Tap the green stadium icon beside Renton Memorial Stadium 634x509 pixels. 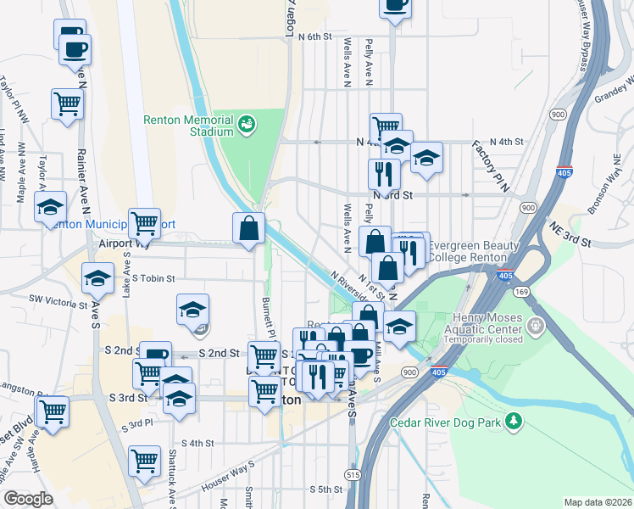click(x=247, y=126)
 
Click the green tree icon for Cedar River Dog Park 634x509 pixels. click(x=513, y=422)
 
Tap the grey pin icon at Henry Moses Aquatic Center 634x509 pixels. click(x=535, y=325)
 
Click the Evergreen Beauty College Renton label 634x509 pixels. click(x=473, y=251)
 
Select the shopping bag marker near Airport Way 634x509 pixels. click(x=249, y=228)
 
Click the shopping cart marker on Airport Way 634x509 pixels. click(x=144, y=224)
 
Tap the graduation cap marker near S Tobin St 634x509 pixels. click(x=97, y=277)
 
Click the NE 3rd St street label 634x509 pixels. click(x=569, y=235)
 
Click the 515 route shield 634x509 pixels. click(x=352, y=475)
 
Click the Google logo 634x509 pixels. click(x=29, y=498)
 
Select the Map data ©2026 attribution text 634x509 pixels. click(x=598, y=502)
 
